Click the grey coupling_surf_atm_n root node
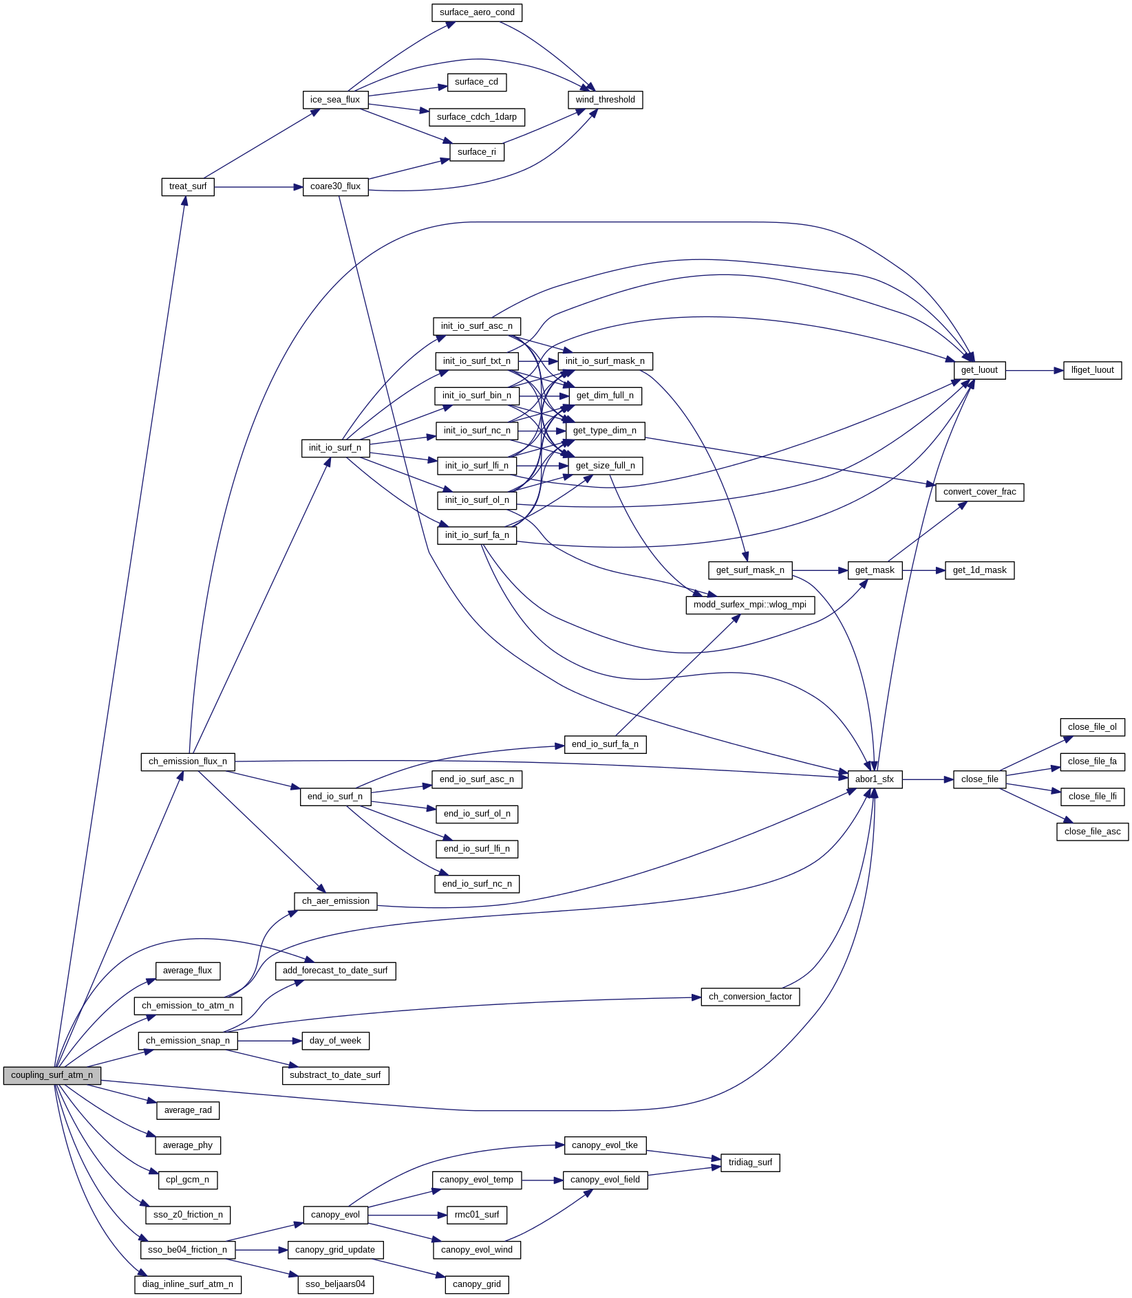52,1075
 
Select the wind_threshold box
605,100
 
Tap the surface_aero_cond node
477,12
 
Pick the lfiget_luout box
1092,370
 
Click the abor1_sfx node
874,779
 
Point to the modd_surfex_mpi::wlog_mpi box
749,605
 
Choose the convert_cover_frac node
979,492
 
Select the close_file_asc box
1092,832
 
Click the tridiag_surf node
750,1162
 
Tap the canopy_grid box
477,1284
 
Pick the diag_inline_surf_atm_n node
187,1284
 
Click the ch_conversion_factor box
750,997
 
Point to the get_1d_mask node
979,570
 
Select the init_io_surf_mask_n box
605,361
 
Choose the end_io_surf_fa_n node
605,744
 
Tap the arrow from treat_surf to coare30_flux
258,186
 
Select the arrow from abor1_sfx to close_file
928,779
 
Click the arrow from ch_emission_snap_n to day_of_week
270,1041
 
